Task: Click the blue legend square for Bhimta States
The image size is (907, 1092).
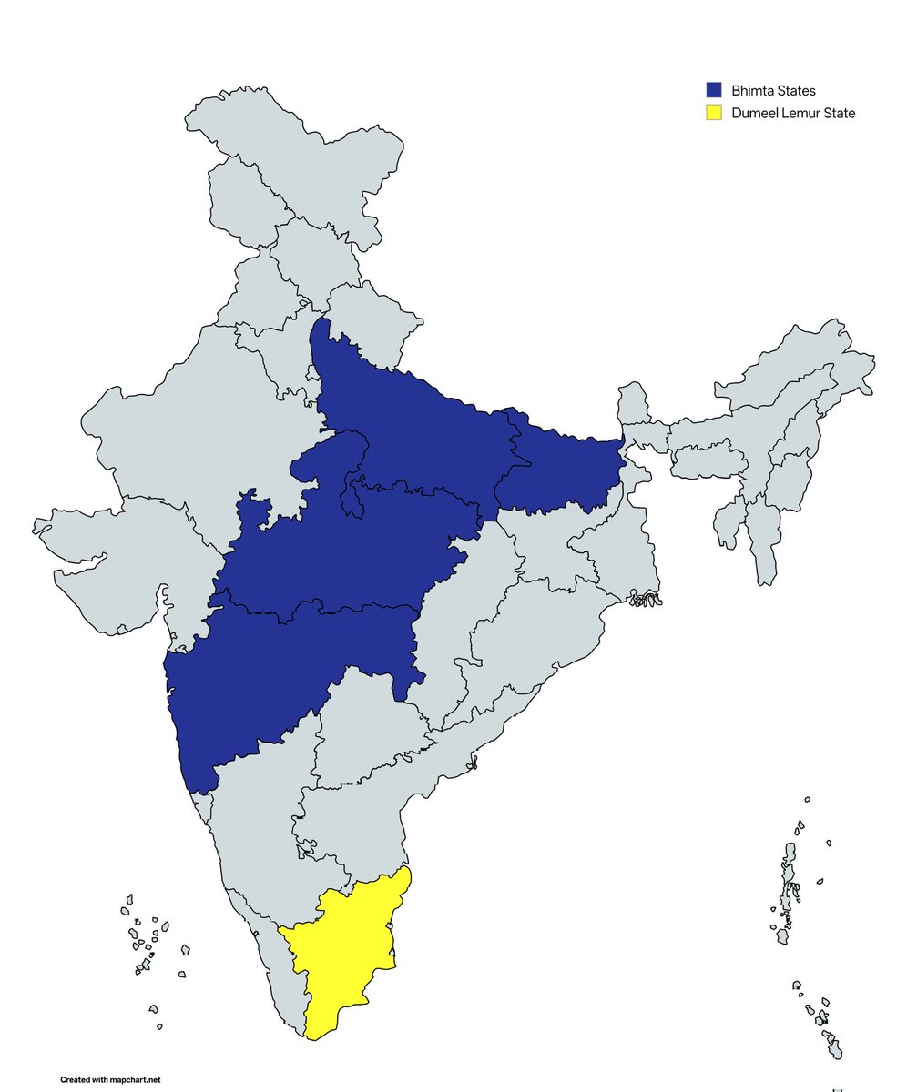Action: (714, 90)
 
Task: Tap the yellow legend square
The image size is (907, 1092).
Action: (714, 113)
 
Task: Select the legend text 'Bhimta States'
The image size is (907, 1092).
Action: (773, 90)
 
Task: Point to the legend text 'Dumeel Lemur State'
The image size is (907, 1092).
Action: (793, 113)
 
